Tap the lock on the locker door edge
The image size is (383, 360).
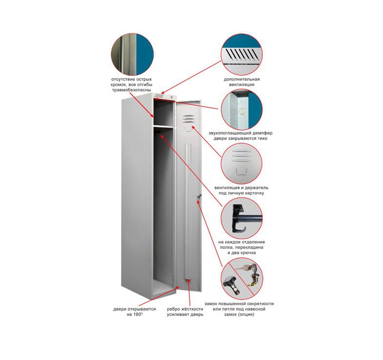pyautogui.click(x=199, y=197)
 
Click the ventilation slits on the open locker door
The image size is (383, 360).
pyautogui.click(x=188, y=119)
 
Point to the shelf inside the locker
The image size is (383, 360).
pyautogui.click(x=164, y=128)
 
